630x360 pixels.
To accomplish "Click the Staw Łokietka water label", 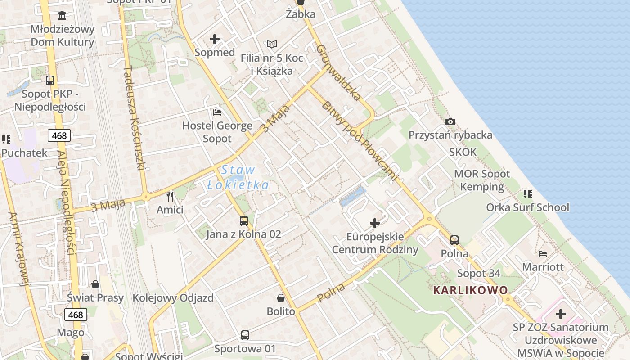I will tap(238, 177).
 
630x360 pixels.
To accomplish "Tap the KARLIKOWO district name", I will tap(470, 290).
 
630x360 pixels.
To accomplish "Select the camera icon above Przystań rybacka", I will tap(450, 121).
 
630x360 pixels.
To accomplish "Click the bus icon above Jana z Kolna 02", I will tap(243, 221).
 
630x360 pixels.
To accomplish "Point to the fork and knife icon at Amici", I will tap(170, 197).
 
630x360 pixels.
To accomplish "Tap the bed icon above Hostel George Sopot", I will tap(217, 112).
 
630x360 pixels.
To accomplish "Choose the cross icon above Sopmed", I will tap(215, 39).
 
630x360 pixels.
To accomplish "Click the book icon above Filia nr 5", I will tap(271, 44).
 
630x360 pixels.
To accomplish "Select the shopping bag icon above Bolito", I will tap(281, 298).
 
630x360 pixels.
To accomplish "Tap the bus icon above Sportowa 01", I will tap(245, 335).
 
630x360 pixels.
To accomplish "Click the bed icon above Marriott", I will tap(543, 254).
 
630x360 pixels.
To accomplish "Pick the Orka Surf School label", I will tap(527, 207).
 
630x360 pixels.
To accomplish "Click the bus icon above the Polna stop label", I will tap(454, 240).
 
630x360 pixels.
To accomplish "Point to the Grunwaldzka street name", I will tap(338, 72).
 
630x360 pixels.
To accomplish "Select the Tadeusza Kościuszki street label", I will tap(134, 119).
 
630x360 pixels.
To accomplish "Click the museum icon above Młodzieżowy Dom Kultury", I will tap(62, 16).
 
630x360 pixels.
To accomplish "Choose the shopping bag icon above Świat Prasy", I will tap(95, 284).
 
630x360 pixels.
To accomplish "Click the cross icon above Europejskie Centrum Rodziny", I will tap(375, 223).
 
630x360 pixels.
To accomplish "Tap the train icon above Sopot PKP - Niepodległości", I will tap(50, 81).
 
